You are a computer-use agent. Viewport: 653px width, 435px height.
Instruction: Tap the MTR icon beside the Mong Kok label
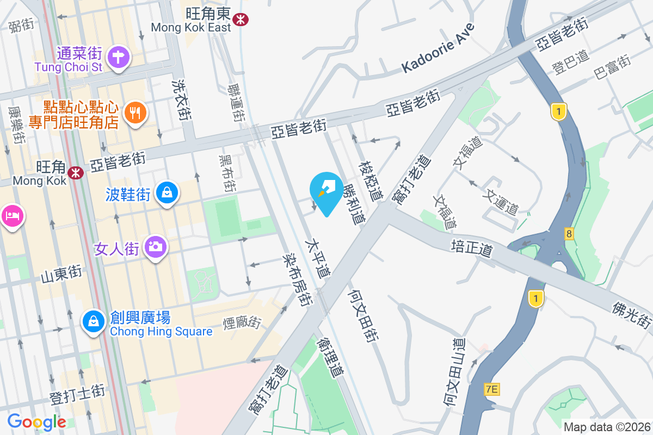pyautogui.click(x=75, y=172)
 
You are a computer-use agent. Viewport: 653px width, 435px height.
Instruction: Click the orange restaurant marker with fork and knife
pyautogui.click(x=134, y=113)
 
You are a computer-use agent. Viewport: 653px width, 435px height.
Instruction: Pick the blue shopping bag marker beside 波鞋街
pyautogui.click(x=167, y=192)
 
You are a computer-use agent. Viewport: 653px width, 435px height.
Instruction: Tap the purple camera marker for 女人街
pyautogui.click(x=156, y=247)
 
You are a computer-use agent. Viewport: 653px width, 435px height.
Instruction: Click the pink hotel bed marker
pyautogui.click(x=11, y=216)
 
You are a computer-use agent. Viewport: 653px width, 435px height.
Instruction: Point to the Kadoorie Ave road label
pyautogui.click(x=438, y=48)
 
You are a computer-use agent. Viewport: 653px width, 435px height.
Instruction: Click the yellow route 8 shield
pyautogui.click(x=569, y=234)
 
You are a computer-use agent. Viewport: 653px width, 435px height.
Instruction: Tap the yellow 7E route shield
pyautogui.click(x=491, y=389)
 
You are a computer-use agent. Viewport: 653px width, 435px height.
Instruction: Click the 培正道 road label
pyautogui.click(x=472, y=247)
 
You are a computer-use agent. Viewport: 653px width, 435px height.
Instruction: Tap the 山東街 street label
pyautogui.click(x=61, y=273)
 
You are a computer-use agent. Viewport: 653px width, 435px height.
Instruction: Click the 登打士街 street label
pyautogui.click(x=77, y=394)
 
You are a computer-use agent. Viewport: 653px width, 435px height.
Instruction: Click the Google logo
pyautogui.click(x=36, y=422)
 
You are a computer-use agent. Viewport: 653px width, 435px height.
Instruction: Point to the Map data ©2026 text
pyautogui.click(x=606, y=427)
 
